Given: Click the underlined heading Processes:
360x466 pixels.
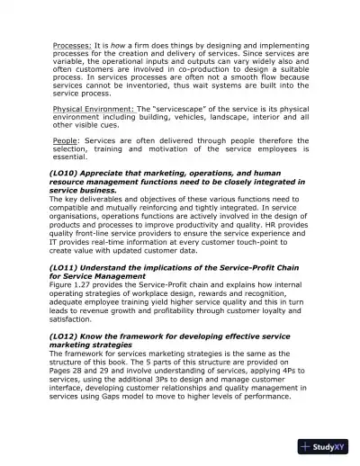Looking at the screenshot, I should tap(71, 42).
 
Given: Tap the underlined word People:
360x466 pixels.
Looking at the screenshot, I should tap(65, 140).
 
